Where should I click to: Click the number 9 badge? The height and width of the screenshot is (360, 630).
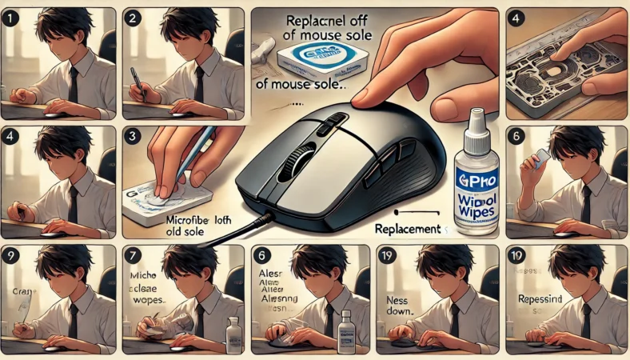pos(11,256)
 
